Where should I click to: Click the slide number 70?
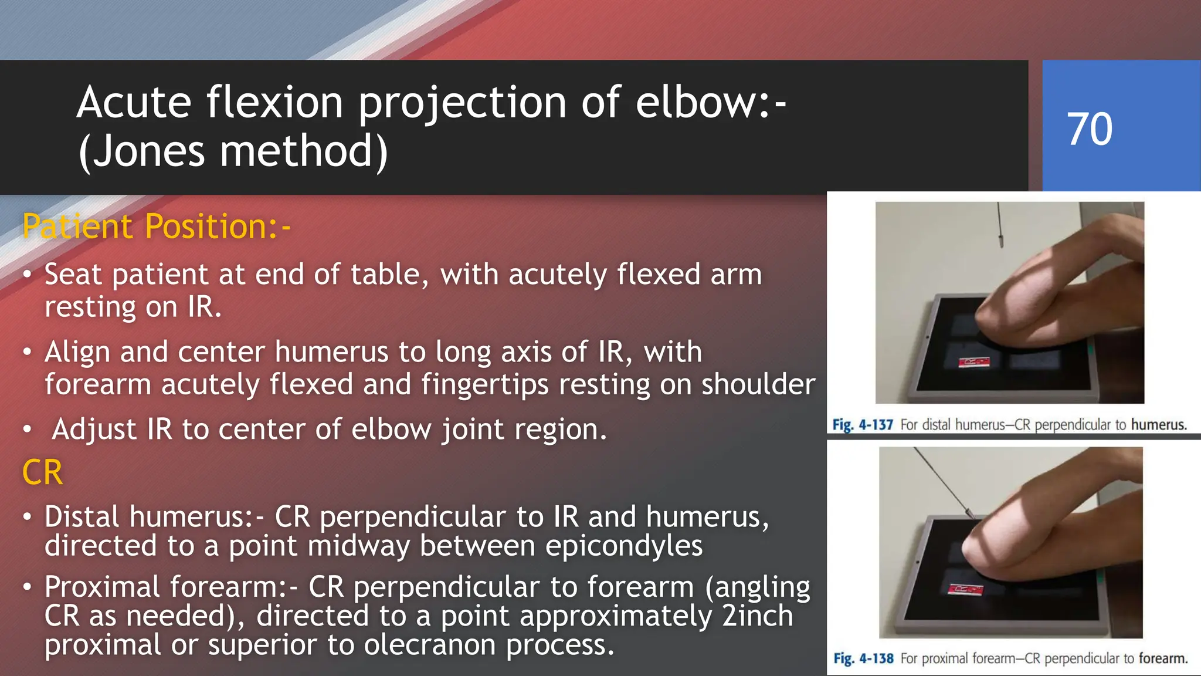point(1089,129)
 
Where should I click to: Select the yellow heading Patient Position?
point(156,227)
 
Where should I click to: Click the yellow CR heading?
point(42,472)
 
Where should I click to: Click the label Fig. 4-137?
point(862,424)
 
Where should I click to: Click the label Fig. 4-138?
point(863,658)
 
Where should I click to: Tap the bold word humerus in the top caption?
point(1159,424)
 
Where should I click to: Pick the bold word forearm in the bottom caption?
point(1163,658)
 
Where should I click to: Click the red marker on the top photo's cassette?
point(974,362)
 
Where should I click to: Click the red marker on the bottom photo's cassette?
point(966,589)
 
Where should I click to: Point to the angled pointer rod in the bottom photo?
point(942,481)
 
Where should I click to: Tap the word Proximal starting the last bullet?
point(102,587)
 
